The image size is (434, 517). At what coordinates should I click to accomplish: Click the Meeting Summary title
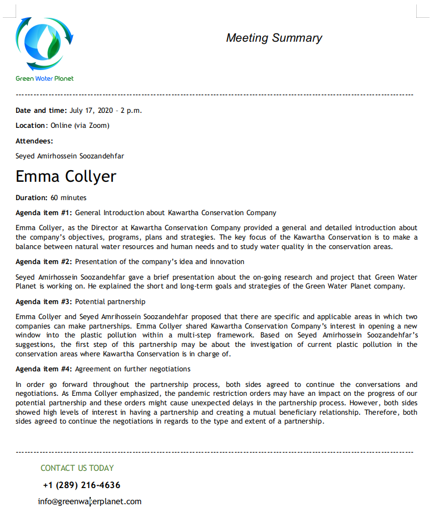click(274, 38)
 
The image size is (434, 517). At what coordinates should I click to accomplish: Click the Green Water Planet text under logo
click(45, 78)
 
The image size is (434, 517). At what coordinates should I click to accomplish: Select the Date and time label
click(41, 110)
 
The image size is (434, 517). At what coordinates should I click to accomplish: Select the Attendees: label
click(34, 141)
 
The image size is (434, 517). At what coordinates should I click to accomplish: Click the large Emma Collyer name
click(66, 176)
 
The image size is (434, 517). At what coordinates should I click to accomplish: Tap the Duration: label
click(31, 197)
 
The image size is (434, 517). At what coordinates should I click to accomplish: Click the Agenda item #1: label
click(44, 212)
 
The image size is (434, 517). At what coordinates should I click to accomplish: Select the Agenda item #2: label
click(44, 261)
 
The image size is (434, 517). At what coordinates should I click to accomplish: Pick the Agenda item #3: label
click(44, 301)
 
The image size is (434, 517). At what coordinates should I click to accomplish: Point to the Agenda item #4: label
click(44, 369)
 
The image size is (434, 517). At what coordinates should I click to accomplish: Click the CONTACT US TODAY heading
click(77, 468)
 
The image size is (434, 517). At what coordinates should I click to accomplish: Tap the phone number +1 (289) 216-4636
click(81, 485)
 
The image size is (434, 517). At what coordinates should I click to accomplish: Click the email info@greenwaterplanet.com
click(90, 501)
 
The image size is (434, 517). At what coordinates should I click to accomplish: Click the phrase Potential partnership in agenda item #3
click(110, 301)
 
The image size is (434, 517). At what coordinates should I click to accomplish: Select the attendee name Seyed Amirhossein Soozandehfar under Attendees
click(70, 156)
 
